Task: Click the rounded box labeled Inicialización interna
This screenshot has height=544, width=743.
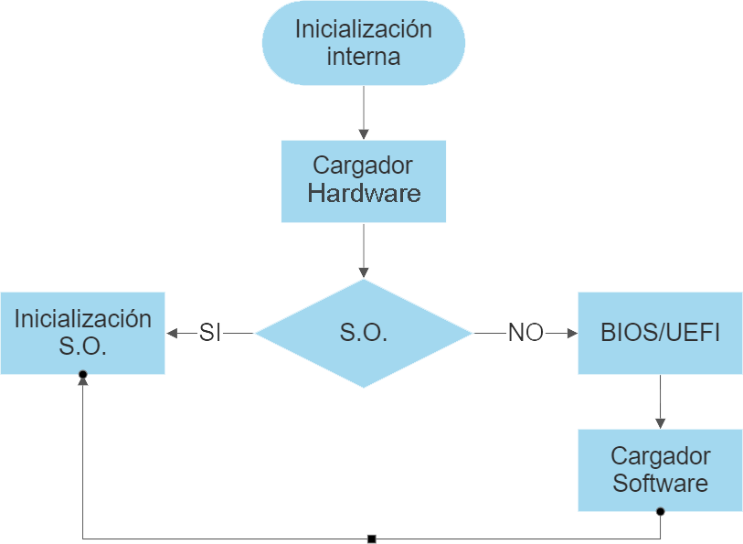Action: click(x=364, y=43)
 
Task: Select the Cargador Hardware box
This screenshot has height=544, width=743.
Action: click(x=364, y=181)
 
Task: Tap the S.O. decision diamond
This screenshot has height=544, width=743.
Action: click(x=364, y=334)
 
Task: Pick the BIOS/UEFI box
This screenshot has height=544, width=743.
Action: click(x=660, y=333)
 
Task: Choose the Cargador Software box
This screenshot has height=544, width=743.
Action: click(x=660, y=470)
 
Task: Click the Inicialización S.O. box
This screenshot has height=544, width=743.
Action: click(x=82, y=333)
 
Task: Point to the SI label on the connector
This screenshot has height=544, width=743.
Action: click(x=210, y=334)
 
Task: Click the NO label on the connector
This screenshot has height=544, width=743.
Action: click(x=525, y=334)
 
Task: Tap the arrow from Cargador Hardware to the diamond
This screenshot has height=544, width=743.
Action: click(x=364, y=250)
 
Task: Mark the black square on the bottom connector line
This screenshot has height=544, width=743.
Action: click(x=371, y=539)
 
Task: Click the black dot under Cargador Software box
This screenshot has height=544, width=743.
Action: click(x=660, y=511)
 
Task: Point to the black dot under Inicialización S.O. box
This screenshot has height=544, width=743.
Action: click(x=83, y=375)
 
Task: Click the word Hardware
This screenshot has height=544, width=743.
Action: click(x=364, y=194)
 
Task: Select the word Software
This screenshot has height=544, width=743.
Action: click(x=660, y=483)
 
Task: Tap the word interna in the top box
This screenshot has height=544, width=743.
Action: click(x=364, y=57)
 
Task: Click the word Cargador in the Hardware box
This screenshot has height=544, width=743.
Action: click(x=363, y=165)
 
